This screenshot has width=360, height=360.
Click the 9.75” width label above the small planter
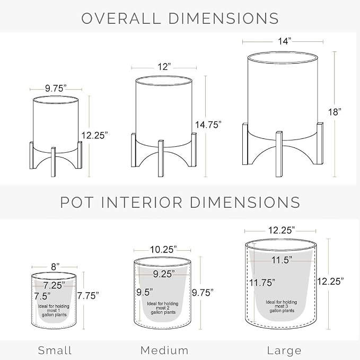click(x=56, y=89)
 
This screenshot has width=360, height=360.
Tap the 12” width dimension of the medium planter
click(x=164, y=67)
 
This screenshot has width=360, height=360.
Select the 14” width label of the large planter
click(x=285, y=41)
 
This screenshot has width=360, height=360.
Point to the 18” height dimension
click(x=335, y=112)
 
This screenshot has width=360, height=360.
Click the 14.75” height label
click(x=208, y=125)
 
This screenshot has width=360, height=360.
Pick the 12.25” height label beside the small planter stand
click(x=94, y=135)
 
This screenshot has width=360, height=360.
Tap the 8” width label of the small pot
click(x=55, y=267)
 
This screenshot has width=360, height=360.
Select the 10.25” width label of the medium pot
click(x=163, y=250)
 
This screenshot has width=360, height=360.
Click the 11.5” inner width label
click(x=282, y=260)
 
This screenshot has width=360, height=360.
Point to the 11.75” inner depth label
click(x=262, y=283)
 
